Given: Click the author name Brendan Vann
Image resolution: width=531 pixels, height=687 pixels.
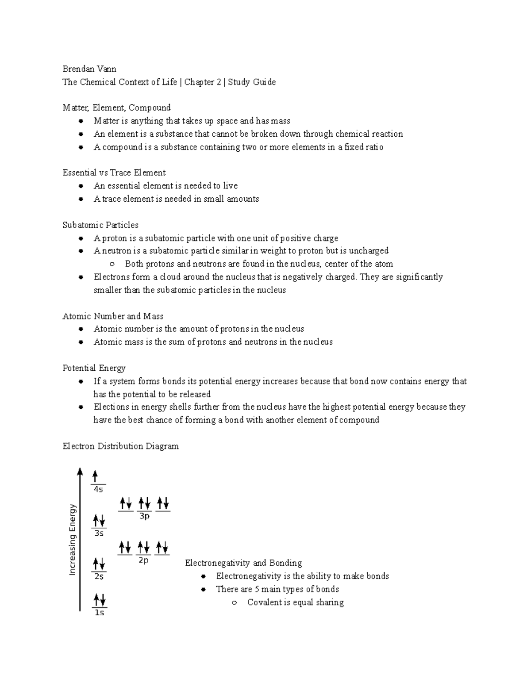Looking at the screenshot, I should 89,69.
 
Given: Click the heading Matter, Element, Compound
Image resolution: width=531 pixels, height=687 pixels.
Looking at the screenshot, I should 116,107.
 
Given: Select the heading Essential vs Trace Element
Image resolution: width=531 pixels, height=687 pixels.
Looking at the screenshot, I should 114,173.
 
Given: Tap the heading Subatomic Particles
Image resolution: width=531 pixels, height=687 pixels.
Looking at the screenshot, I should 100,225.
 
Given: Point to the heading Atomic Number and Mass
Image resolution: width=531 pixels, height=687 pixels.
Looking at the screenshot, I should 113,316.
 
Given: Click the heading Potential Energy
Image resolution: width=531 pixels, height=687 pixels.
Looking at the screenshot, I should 94,368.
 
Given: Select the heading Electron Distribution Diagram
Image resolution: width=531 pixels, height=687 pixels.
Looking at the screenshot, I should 120,446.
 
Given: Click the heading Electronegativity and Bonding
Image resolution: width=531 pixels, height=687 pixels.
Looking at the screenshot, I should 243,563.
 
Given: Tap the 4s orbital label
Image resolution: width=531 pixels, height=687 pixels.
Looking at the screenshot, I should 98,490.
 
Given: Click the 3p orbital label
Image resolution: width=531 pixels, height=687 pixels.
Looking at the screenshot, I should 144,516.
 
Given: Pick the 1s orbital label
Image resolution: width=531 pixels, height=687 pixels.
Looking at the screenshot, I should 99,613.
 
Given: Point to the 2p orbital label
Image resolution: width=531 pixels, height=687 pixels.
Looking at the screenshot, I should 143,560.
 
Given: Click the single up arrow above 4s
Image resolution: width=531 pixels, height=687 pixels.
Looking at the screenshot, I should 95,476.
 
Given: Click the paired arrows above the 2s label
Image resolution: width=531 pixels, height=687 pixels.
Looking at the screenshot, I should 99,564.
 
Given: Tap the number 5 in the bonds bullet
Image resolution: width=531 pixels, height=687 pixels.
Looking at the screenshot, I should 257,589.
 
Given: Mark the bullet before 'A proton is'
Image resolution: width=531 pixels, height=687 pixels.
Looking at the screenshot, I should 81,238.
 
